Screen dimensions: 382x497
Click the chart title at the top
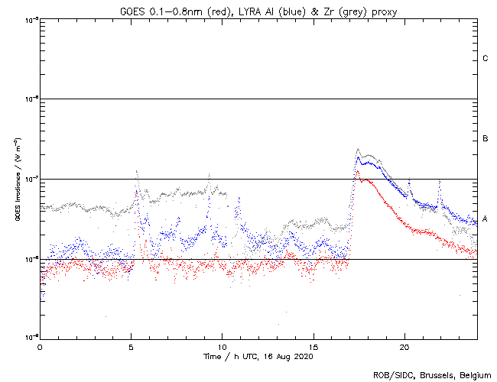click(258, 10)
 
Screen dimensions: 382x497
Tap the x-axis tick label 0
click(40, 347)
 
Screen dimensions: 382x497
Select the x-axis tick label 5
click(131, 347)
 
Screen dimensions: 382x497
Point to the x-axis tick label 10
click(222, 347)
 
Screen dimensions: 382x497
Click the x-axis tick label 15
click(313, 347)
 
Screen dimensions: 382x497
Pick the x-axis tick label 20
click(404, 347)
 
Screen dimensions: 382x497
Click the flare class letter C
click(485, 59)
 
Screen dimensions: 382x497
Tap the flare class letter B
click(485, 139)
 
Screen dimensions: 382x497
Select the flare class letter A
click(485, 219)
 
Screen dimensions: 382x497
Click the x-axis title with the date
click(258, 357)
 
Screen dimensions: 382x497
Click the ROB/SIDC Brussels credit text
click(433, 374)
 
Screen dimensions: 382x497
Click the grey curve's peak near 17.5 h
click(358, 149)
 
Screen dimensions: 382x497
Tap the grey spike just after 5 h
click(136, 171)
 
